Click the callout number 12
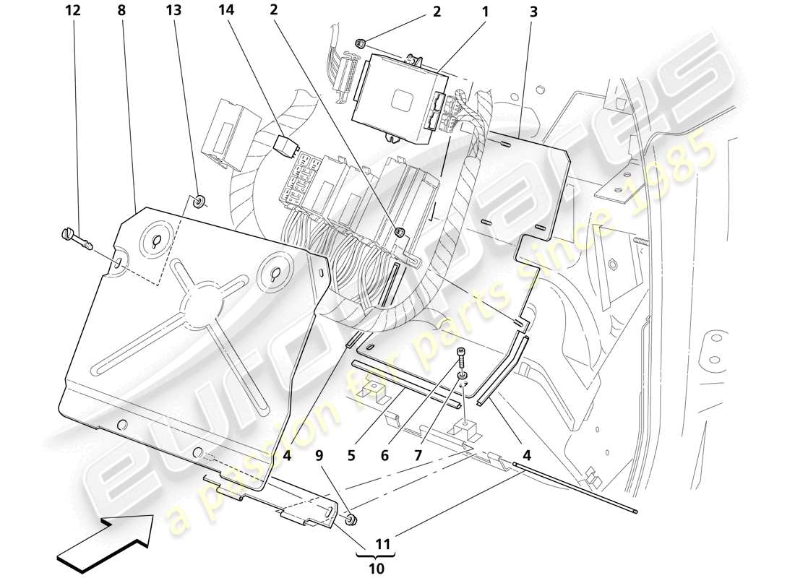tap(72, 12)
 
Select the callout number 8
tap(121, 12)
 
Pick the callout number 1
tap(485, 12)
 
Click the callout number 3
tap(533, 12)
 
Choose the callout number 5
tap(351, 456)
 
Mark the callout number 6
tap(384, 456)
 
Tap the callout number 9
tap(318, 456)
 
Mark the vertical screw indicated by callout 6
tap(460, 358)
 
